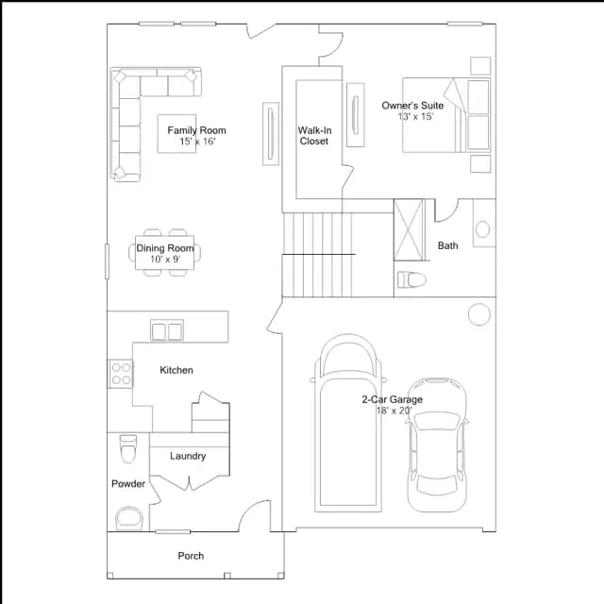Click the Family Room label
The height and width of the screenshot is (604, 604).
click(x=196, y=130)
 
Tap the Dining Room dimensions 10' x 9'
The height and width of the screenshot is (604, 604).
click(x=165, y=259)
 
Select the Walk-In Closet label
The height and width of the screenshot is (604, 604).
click(x=314, y=136)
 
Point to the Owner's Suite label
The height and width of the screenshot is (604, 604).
click(x=412, y=106)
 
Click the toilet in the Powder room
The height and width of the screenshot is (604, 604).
click(x=128, y=449)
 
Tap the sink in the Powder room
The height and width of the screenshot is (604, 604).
click(x=129, y=518)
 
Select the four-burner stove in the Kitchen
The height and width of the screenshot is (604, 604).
click(x=121, y=374)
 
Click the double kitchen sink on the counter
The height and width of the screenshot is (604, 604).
click(x=167, y=330)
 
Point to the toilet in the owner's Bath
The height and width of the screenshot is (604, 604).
click(x=411, y=279)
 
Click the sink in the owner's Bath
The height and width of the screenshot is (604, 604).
click(x=482, y=229)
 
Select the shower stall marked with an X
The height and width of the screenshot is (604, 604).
click(x=409, y=229)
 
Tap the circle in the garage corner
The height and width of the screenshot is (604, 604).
click(x=479, y=314)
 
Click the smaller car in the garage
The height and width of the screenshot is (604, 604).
click(x=437, y=445)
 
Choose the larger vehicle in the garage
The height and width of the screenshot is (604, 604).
click(x=348, y=423)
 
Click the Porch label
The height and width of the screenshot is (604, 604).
click(x=191, y=556)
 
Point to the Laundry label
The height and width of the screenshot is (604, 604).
click(x=188, y=456)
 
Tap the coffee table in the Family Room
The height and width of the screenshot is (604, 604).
click(x=176, y=134)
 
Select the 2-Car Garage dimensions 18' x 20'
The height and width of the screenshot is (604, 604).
click(x=394, y=411)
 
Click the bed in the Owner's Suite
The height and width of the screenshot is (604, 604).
click(x=446, y=115)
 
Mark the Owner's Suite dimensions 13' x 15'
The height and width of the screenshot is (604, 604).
click(x=415, y=116)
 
